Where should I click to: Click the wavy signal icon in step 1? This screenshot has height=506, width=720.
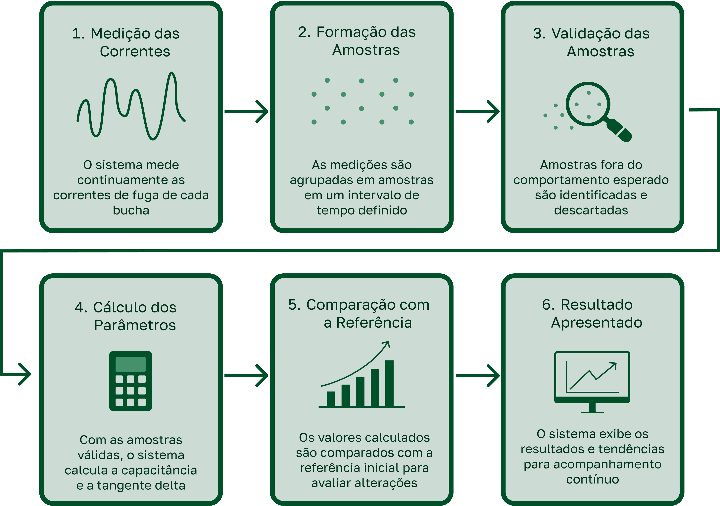131,106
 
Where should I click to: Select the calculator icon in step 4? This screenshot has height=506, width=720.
130,381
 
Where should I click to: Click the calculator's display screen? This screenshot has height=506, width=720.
130,364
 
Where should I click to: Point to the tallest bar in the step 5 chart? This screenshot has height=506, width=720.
389,383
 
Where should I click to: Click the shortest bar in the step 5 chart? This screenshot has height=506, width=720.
331,399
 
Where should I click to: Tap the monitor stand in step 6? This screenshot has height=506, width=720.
592,408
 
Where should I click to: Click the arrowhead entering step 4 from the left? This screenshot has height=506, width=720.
25,374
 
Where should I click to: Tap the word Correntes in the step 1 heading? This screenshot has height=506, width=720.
135,51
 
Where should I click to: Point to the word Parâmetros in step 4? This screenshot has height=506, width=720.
135,325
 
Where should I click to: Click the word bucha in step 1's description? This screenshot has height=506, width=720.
131,210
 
